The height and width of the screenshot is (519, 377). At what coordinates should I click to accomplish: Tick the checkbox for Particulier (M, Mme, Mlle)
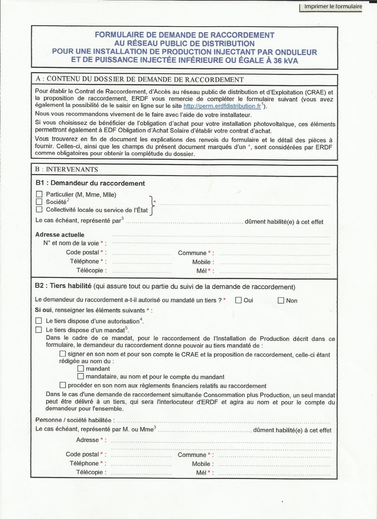coord(39,194)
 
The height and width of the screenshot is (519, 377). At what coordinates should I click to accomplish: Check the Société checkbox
coord(39,202)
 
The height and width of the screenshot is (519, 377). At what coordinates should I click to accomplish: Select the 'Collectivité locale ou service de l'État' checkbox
coord(39,209)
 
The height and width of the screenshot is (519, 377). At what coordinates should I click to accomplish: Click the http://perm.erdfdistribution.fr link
coord(222,106)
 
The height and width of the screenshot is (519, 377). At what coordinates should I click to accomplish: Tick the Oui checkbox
coord(238,300)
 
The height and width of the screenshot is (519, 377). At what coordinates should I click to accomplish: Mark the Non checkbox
coord(281,301)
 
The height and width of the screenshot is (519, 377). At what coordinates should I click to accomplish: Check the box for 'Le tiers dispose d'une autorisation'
coord(39,321)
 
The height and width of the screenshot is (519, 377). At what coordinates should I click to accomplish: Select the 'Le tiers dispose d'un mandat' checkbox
coord(39,330)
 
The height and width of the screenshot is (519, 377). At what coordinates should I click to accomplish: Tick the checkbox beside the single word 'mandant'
coord(81,368)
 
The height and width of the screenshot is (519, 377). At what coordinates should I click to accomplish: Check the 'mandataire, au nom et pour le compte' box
coord(81,376)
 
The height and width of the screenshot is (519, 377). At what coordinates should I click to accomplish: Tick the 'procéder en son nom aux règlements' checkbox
coord(63,385)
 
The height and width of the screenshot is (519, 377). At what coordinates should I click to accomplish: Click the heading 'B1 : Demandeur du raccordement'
coord(90,183)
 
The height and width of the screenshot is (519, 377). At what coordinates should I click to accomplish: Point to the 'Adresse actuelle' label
coord(60,235)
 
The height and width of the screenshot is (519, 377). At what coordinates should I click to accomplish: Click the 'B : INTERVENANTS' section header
coord(67,169)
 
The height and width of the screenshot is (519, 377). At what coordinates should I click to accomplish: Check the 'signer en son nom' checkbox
coord(63,354)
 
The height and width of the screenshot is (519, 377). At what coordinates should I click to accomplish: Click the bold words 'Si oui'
coord(43,310)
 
